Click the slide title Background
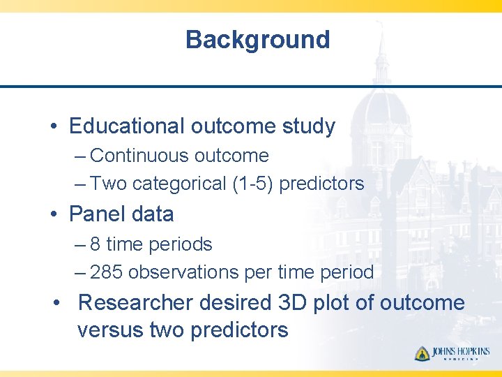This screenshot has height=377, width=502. coord(257,40)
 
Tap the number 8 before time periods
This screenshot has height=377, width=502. coord(95,244)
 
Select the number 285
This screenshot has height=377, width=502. coord(107,272)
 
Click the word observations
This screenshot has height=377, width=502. coord(184,272)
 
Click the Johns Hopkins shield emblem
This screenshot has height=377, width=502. coord(422,353)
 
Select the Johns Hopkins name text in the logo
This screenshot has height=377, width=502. coord(460,352)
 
